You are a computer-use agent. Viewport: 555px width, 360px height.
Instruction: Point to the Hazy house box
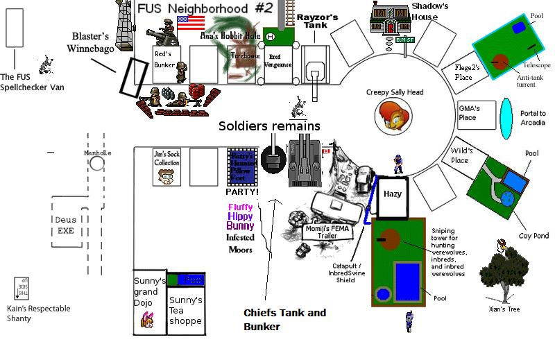393,195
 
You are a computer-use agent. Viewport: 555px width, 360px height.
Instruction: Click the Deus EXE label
65,225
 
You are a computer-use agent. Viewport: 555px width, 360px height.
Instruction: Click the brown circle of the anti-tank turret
500,60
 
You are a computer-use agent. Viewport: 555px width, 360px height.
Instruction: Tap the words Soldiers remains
269,126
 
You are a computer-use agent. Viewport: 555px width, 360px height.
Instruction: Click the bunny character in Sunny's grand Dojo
148,319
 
